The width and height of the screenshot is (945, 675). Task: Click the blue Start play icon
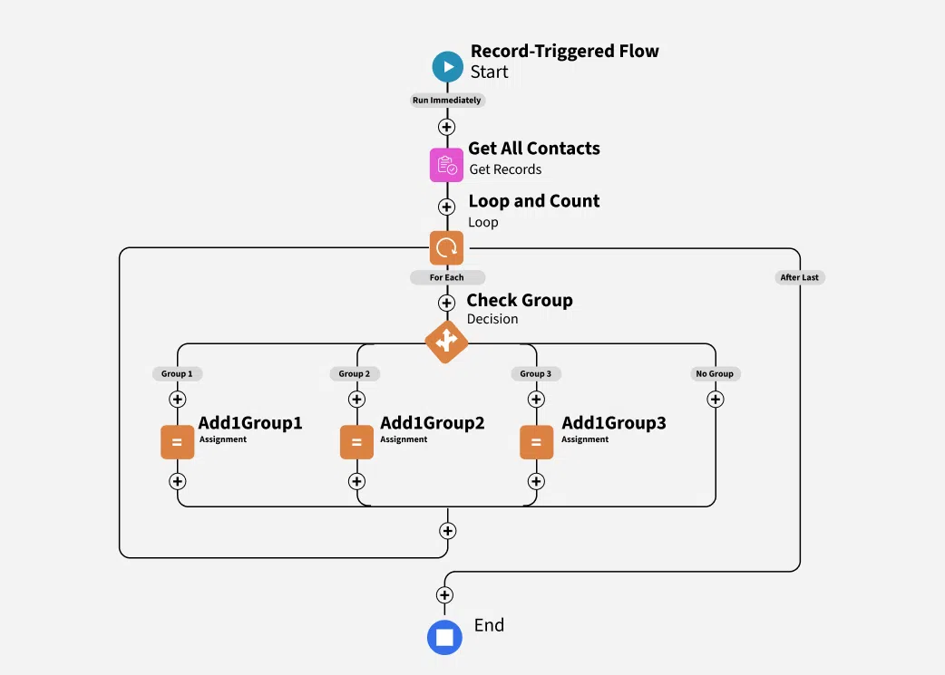(447, 66)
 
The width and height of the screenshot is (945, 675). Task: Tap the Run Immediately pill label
(446, 101)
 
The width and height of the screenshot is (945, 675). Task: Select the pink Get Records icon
(446, 165)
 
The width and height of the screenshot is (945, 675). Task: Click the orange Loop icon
(446, 247)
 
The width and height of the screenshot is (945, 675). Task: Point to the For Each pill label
(447, 277)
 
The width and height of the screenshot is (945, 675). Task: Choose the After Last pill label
(799, 277)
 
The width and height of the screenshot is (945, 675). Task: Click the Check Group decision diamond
(446, 342)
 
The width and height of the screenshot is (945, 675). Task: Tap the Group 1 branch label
(177, 373)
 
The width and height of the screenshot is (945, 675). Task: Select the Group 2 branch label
(355, 373)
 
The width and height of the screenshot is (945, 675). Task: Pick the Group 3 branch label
(535, 373)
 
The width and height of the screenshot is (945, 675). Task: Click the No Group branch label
(715, 373)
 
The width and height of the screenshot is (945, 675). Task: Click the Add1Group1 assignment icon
(177, 442)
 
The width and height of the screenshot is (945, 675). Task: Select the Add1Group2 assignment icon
(356, 442)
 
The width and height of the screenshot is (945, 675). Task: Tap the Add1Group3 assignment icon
(536, 442)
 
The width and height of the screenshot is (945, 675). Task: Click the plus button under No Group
(716, 399)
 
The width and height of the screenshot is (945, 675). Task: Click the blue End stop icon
(444, 637)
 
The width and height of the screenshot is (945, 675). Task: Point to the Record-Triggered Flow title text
(564, 52)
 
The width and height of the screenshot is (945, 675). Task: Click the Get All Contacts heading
(534, 149)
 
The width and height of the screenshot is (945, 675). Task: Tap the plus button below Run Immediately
(446, 127)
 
